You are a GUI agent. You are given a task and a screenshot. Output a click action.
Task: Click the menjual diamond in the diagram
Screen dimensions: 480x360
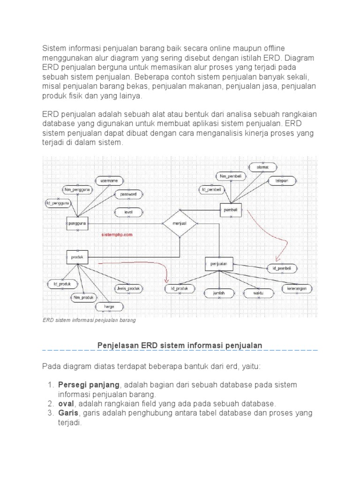tap(180, 224)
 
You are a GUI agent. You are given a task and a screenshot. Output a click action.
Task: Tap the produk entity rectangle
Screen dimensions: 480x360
tap(77, 257)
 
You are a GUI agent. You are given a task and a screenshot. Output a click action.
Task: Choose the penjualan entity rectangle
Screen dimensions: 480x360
tap(218, 264)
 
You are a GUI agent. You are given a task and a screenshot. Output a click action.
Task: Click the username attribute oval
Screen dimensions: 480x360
tap(109, 180)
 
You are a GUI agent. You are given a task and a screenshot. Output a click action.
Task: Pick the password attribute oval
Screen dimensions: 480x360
tap(128, 194)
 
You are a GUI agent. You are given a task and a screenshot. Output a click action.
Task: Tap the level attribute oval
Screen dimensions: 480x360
tap(128, 212)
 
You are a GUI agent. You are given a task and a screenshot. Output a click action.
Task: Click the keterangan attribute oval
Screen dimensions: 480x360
tap(297, 289)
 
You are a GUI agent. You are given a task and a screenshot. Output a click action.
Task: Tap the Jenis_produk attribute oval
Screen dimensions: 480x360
tap(127, 288)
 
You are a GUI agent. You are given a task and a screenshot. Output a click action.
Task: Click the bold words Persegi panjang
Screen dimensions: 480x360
tap(89, 384)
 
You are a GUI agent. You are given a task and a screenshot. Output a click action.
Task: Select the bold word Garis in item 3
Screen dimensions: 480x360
tap(67, 413)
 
